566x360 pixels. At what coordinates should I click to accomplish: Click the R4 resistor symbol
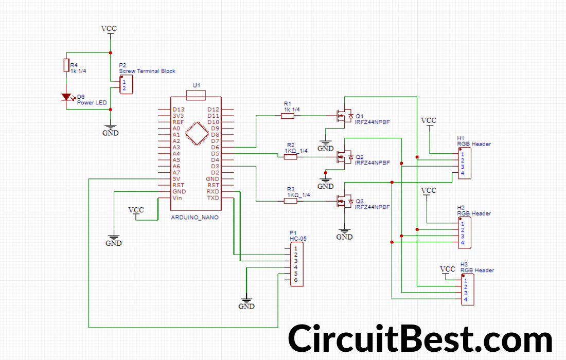point(66,65)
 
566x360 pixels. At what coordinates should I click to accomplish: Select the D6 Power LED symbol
point(66,97)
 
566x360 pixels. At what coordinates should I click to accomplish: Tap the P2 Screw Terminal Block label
point(147,71)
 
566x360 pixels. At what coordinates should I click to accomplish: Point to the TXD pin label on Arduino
point(213,198)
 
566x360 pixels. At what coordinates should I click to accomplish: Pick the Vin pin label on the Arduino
point(177,198)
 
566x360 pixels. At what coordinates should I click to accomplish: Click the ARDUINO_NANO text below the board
point(194,218)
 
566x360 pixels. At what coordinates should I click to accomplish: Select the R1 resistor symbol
point(288,116)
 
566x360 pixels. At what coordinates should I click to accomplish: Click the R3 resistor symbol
point(291,201)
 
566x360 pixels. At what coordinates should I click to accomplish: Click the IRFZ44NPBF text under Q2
point(372,163)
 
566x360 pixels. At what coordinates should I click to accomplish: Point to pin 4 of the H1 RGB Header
point(463,173)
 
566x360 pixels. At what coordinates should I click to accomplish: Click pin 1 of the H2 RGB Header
point(463,224)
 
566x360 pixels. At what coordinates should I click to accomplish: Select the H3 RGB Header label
point(477,270)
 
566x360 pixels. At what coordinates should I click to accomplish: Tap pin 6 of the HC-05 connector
point(296,280)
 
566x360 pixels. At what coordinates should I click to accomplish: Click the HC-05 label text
point(298,239)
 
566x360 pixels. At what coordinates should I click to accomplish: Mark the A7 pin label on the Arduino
point(176,173)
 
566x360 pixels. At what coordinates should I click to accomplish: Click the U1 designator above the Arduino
point(196,85)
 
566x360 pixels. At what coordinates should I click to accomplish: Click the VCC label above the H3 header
point(448,269)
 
